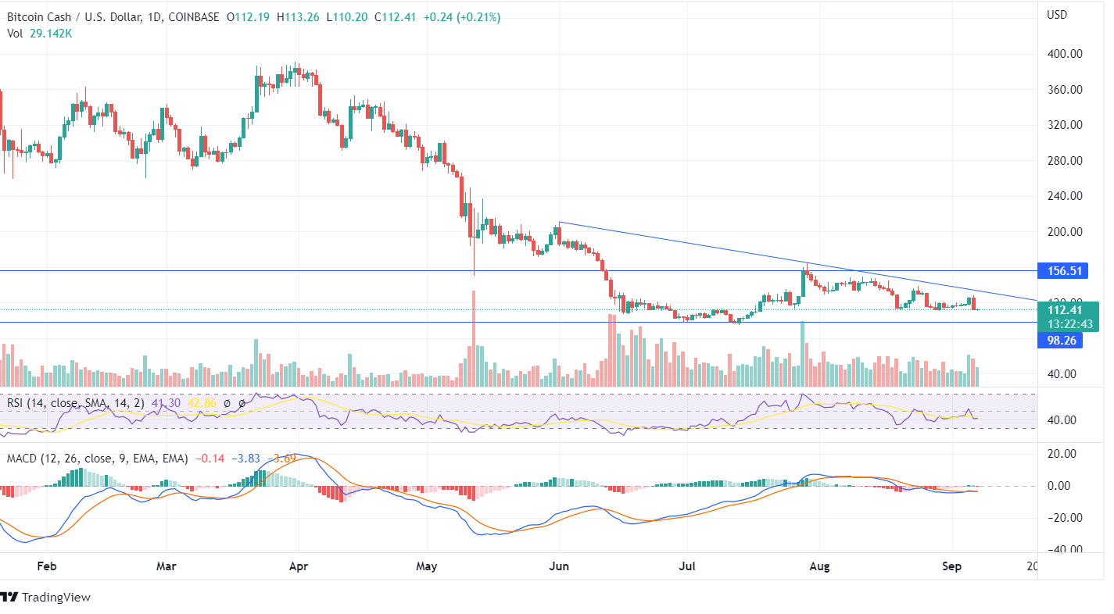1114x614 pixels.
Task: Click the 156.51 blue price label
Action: coord(1059,271)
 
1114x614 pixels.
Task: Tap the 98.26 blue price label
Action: coord(1059,340)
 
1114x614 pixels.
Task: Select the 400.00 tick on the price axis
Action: coord(1066,54)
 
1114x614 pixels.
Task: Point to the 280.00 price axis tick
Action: coord(1066,161)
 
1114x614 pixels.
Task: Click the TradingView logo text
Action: coord(56,598)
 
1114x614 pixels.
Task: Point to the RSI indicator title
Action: coord(77,403)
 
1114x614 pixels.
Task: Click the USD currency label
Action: coord(1057,15)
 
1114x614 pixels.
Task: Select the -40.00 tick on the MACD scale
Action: coord(1065,549)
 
